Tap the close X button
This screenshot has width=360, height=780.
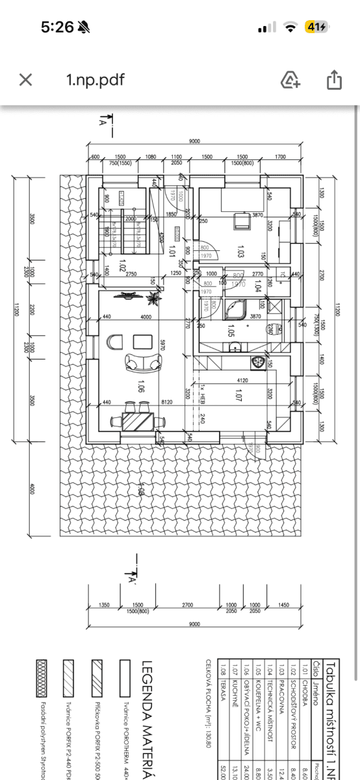pyautogui.click(x=25, y=80)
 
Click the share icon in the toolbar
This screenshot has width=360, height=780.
pyautogui.click(x=333, y=80)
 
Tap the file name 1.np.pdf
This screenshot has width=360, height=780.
pyautogui.click(x=95, y=80)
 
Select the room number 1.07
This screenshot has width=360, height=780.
pyautogui.click(x=238, y=393)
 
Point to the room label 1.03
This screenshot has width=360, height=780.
pyautogui.click(x=240, y=251)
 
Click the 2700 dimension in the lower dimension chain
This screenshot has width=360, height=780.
pyautogui.click(x=188, y=605)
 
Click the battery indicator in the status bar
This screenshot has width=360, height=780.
pyautogui.click(x=316, y=27)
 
